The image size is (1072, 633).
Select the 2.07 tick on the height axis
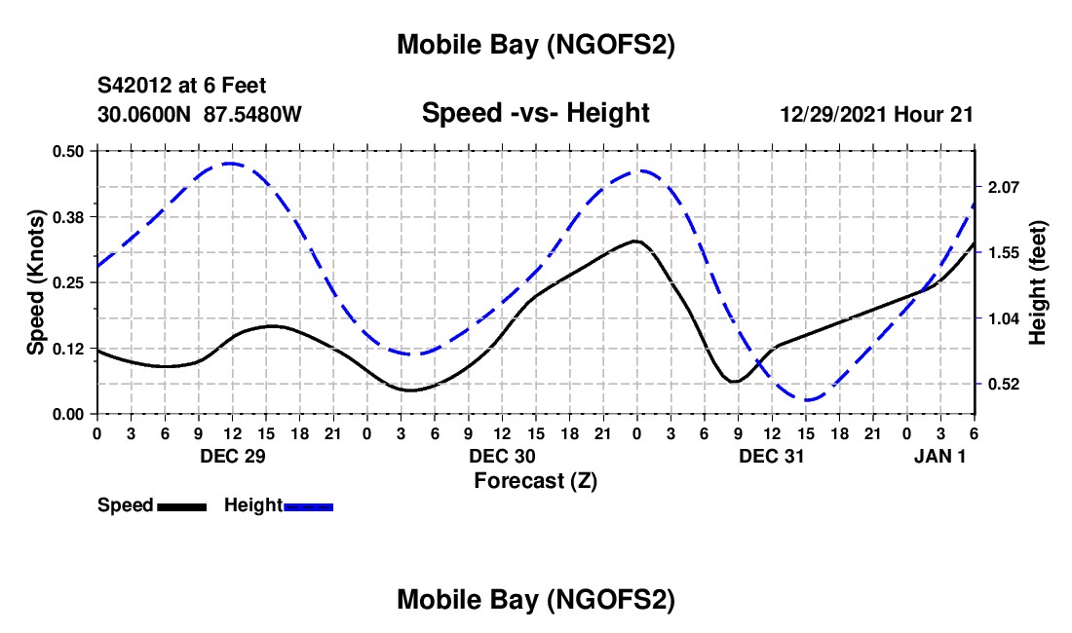1002,187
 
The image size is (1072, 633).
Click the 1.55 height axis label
1002,253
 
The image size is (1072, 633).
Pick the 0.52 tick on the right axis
1002,385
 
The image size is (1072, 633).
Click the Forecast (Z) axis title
535,480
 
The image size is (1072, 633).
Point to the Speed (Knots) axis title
36,282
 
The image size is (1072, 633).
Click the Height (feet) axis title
1037,282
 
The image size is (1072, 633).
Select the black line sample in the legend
180,506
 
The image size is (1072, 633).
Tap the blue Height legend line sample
308,506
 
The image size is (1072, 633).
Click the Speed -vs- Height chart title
535,113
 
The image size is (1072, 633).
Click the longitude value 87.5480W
252,114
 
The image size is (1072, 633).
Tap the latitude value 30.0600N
144,114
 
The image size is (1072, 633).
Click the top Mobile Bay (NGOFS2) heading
535,45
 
